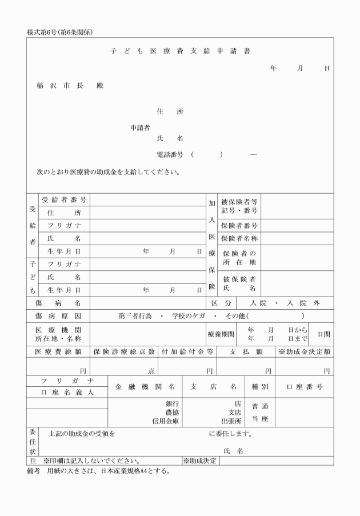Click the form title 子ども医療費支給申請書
pyautogui.click(x=180, y=51)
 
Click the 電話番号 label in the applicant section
pyautogui.click(x=170, y=154)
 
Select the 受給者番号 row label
pyautogui.click(x=64, y=200)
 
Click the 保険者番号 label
pyautogui.click(x=239, y=226)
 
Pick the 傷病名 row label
pyautogui.click(x=58, y=302)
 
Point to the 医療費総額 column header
pyautogui.click(x=58, y=351)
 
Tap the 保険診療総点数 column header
pyautogui.click(x=125, y=351)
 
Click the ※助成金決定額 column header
pyautogui.click(x=305, y=351)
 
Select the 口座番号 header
pyautogui.click(x=305, y=387)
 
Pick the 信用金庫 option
pyautogui.click(x=166, y=421)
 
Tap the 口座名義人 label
pyautogui.click(x=67, y=393)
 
